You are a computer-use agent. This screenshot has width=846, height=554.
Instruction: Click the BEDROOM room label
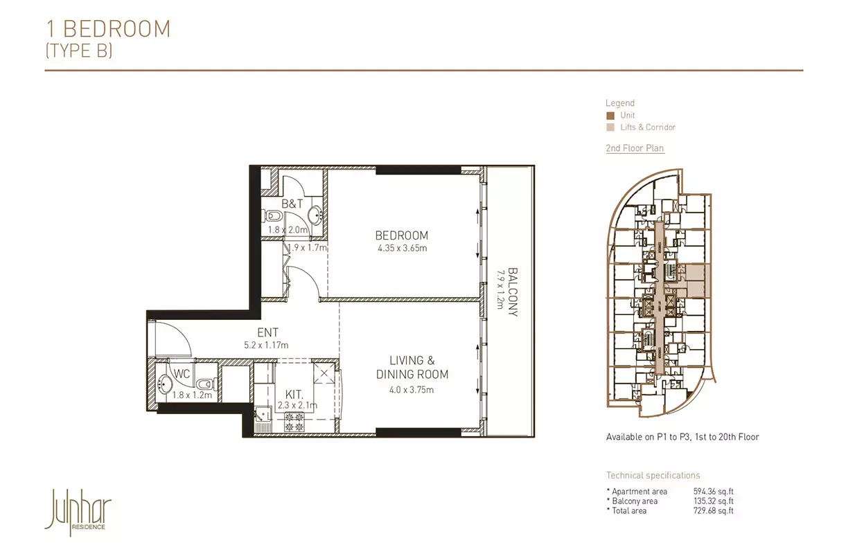tap(402, 235)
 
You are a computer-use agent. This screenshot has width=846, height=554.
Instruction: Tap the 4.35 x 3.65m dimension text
tap(403, 249)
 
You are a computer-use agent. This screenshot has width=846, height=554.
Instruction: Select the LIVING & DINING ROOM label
tap(412, 367)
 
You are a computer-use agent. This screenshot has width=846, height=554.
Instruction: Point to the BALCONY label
tap(513, 292)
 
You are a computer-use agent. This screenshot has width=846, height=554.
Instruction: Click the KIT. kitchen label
tap(294, 395)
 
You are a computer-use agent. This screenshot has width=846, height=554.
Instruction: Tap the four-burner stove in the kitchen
tap(294, 422)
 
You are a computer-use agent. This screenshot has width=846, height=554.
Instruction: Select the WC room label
tap(182, 374)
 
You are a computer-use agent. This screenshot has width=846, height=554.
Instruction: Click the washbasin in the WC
tap(165, 384)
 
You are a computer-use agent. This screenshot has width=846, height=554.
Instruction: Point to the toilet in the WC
tap(206, 384)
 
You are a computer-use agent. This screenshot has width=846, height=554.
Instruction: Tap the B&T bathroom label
tap(292, 204)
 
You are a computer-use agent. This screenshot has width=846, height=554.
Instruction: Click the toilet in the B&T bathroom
tap(274, 216)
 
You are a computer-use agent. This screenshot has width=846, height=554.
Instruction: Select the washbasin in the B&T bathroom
tap(315, 215)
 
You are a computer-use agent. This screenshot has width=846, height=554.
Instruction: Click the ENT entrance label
tap(267, 332)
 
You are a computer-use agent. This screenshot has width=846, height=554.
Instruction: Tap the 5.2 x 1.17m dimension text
tap(266, 345)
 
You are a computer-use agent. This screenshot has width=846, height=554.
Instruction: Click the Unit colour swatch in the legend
tap(610, 116)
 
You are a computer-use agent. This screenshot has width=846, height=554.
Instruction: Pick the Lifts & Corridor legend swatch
tap(610, 127)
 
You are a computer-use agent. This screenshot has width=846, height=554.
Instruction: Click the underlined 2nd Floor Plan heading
tap(635, 148)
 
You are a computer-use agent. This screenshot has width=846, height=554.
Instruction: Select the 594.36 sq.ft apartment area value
tap(713, 492)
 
